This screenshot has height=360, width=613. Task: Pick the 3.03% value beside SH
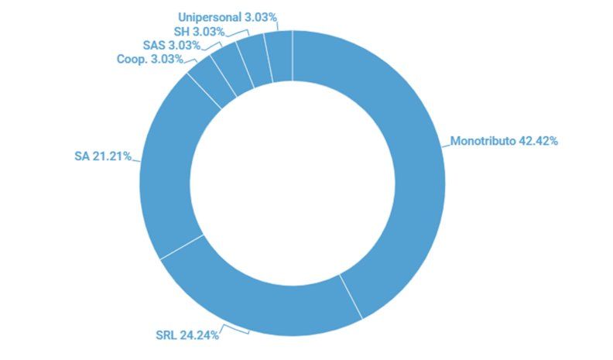click(209, 31)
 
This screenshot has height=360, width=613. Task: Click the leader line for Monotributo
click(444, 143)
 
